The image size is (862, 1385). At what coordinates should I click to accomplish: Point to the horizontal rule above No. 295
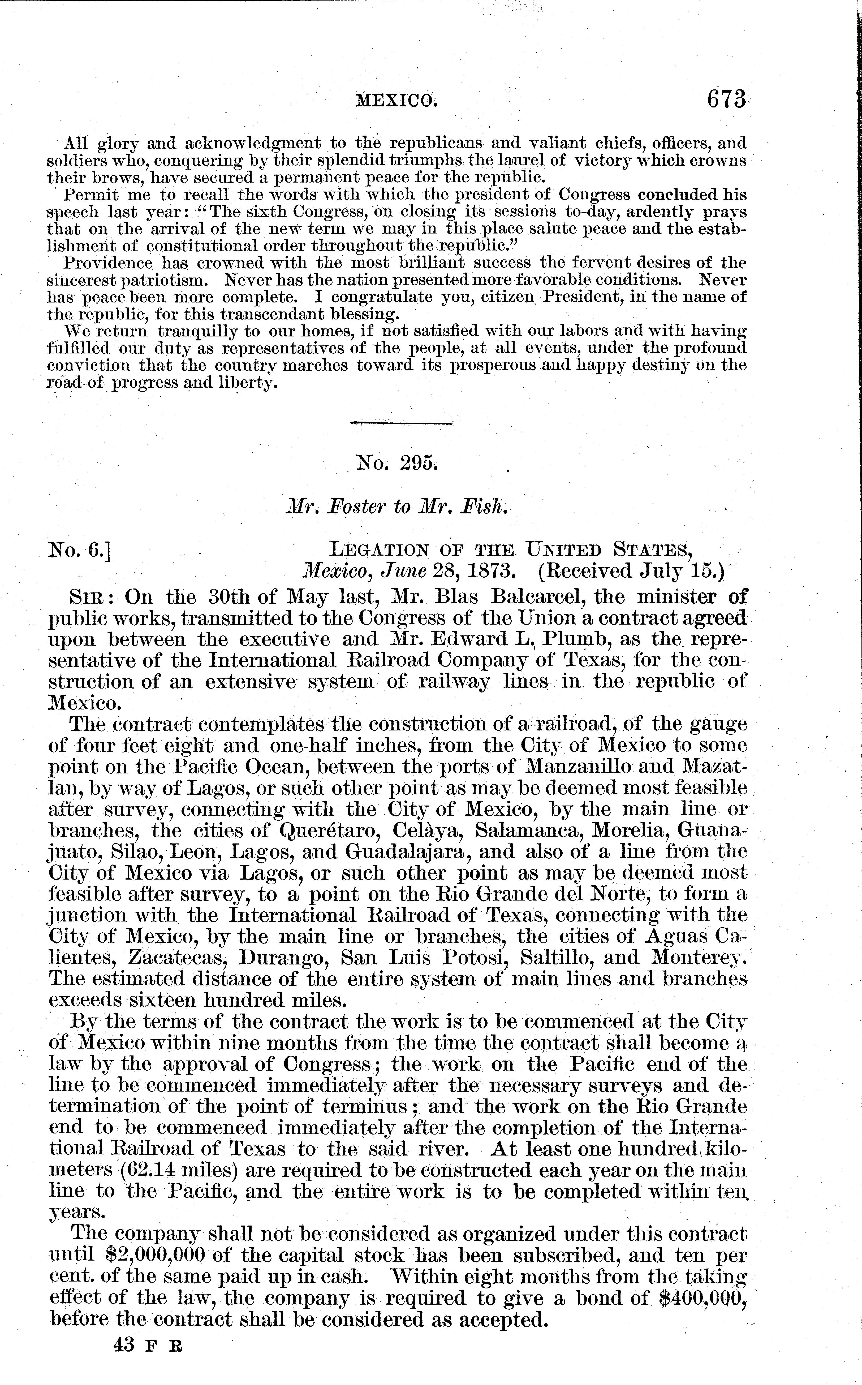[x=400, y=423]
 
